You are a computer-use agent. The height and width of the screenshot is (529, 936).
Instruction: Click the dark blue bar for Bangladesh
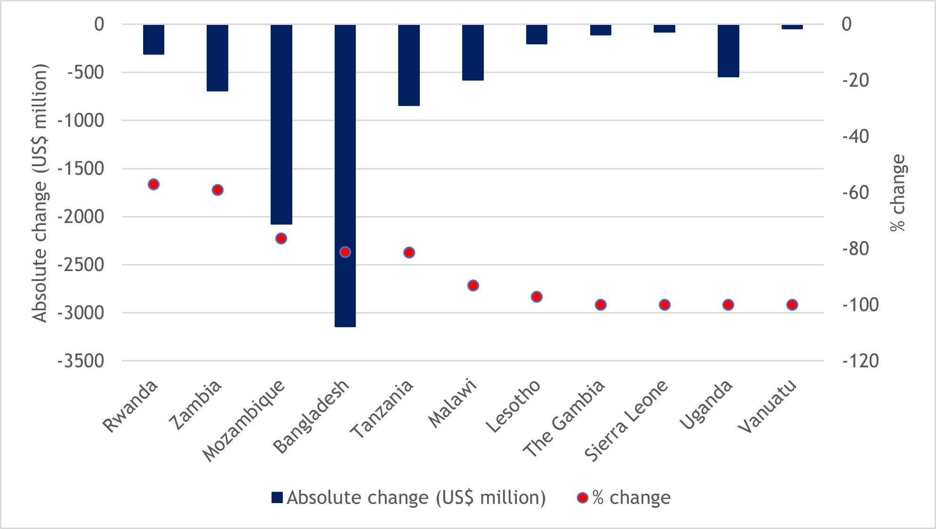(345, 175)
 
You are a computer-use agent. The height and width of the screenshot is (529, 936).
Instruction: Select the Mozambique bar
(281, 124)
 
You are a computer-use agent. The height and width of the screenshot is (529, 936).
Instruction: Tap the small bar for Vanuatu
(792, 27)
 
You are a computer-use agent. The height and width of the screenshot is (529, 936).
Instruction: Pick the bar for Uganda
(728, 51)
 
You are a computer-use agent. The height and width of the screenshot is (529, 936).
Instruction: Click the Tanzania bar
(408, 65)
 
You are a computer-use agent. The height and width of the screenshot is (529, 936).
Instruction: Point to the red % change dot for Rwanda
(153, 184)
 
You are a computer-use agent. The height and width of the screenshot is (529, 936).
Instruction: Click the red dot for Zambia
(217, 190)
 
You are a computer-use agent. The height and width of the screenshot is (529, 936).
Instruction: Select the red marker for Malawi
(473, 286)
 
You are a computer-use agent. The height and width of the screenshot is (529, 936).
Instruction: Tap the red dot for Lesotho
(536, 297)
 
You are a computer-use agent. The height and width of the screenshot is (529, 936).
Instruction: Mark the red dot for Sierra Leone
(664, 305)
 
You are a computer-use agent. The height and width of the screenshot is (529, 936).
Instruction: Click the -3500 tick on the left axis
(81, 361)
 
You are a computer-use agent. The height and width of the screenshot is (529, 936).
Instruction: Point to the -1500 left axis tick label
(81, 168)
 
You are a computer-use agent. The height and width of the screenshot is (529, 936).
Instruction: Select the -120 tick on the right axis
(860, 361)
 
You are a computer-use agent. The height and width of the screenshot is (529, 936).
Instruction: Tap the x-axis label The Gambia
(565, 418)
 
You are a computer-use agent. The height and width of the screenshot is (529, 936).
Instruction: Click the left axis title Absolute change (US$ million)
(40, 193)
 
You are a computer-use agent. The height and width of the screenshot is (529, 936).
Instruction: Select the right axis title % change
(898, 193)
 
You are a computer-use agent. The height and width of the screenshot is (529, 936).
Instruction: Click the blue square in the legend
(277, 497)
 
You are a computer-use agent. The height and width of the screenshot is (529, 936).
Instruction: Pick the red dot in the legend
(583, 497)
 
